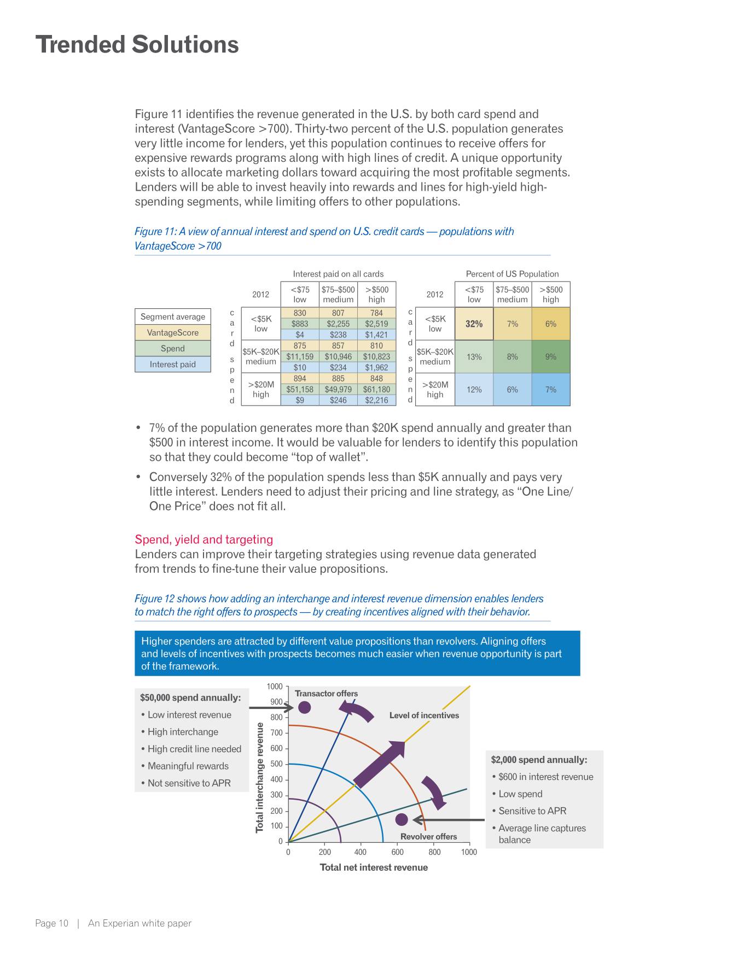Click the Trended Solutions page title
pyautogui.click(x=137, y=45)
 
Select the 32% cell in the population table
pyautogui.click(x=474, y=324)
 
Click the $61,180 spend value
pyautogui.click(x=376, y=389)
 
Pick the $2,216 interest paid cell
pyautogui.click(x=376, y=400)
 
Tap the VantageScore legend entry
pyautogui.click(x=172, y=332)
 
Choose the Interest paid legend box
pyautogui.click(x=172, y=364)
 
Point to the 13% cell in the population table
pyautogui.click(x=474, y=356)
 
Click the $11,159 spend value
pyautogui.click(x=300, y=356)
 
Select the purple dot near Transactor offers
pyautogui.click(x=304, y=707)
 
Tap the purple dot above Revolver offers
pyautogui.click(x=402, y=819)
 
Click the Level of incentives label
pyautogui.click(x=424, y=715)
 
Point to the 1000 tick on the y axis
pyautogui.click(x=275, y=687)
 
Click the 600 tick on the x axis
pyautogui.click(x=398, y=852)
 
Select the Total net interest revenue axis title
pyautogui.click(x=374, y=867)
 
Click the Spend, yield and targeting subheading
pyautogui.click(x=204, y=539)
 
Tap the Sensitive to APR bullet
pyautogui.click(x=532, y=811)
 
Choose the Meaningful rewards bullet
pyautogui.click(x=188, y=766)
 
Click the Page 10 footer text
pyautogui.click(x=52, y=923)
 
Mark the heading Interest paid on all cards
pyautogui.click(x=338, y=274)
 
